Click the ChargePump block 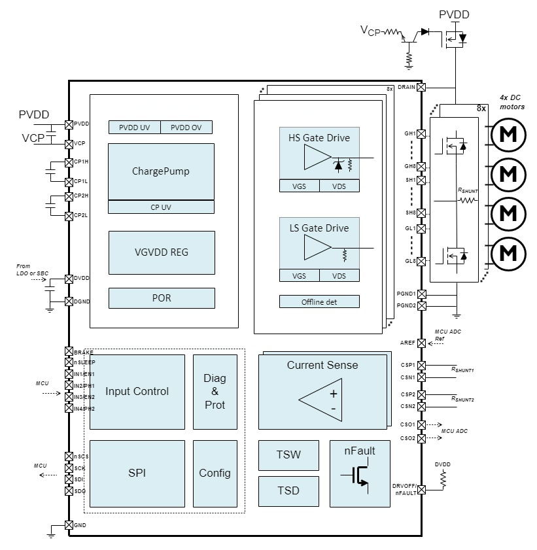(x=161, y=171)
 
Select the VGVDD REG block (x=161, y=252)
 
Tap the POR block (x=161, y=298)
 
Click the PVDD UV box (x=134, y=128)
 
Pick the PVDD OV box (x=186, y=128)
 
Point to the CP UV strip (x=161, y=207)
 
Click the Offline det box (x=319, y=301)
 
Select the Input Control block (x=137, y=392)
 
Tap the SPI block (x=137, y=473)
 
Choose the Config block (x=215, y=473)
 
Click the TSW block (x=288, y=455)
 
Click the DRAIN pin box (x=422, y=87)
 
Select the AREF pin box (x=422, y=342)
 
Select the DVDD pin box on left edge (x=69, y=279)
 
